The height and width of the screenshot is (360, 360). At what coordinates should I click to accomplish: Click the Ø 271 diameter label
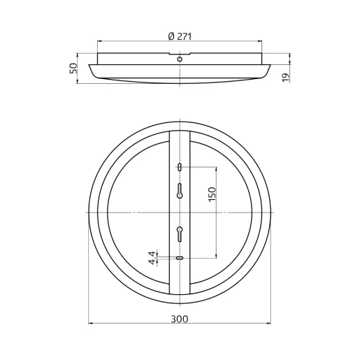click(180, 36)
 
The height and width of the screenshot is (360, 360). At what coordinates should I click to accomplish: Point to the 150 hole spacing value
click(212, 194)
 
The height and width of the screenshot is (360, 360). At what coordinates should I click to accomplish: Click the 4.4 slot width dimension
click(152, 258)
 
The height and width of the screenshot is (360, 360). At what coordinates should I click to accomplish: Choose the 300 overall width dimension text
click(180, 319)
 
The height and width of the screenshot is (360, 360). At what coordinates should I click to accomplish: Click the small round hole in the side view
click(180, 60)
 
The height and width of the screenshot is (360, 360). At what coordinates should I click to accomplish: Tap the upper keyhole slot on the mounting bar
click(180, 190)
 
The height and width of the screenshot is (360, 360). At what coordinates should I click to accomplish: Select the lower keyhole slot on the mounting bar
click(180, 233)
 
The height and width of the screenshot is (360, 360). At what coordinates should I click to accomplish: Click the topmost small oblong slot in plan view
click(180, 166)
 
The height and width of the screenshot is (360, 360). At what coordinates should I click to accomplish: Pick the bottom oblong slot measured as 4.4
click(180, 258)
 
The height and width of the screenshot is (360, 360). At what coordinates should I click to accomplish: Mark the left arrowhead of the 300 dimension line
click(92, 324)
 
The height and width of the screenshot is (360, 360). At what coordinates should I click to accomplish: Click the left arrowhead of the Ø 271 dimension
click(99, 41)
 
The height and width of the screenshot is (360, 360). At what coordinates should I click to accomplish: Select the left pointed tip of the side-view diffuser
click(89, 66)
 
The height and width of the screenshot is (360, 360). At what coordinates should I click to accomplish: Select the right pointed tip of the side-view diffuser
click(271, 66)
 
